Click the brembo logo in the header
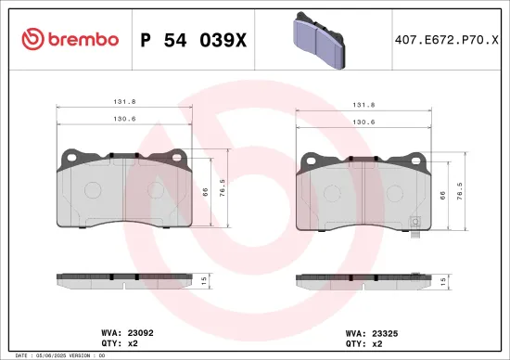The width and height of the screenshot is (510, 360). [x=70, y=39]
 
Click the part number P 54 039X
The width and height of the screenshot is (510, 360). [x=193, y=39]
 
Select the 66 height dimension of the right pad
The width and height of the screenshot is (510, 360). [x=442, y=194]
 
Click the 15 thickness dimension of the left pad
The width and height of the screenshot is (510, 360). [x=206, y=278]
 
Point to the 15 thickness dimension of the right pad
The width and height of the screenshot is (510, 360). [x=442, y=279]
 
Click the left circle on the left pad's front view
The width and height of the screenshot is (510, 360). [x=93, y=188]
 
